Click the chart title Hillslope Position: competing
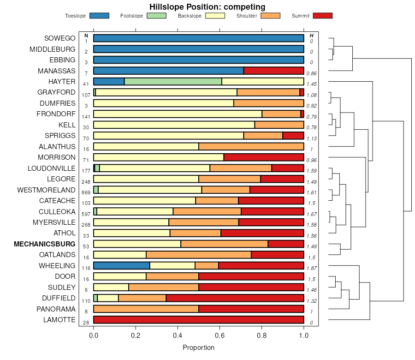coord(207,6)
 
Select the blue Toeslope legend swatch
coord(99,16)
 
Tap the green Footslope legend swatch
coord(156,16)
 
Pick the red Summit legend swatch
coord(322,16)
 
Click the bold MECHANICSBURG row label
coord(45,244)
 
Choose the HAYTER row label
coord(62,81)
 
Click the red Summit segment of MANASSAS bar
coord(273,71)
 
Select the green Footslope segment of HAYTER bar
coord(173,81)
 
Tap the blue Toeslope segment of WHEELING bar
coord(122,265)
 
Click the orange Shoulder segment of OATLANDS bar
coord(199,255)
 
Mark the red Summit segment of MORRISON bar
coord(264,157)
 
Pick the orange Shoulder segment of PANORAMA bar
coord(146,309)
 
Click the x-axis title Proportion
coord(198,348)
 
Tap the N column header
coord(86,36)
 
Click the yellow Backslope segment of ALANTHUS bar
coord(146,146)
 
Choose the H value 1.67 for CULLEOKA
coord(312,214)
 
